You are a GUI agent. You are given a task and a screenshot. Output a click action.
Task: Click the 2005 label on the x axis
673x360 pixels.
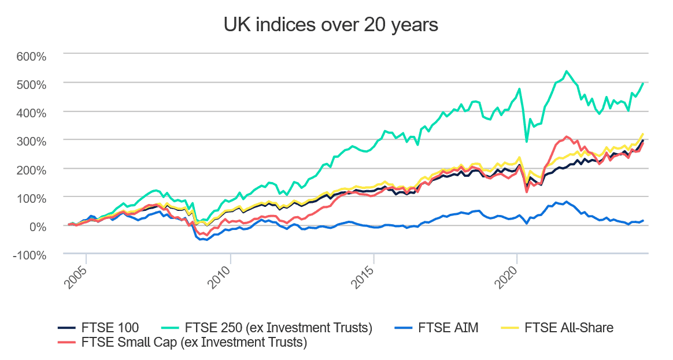(x=75, y=278)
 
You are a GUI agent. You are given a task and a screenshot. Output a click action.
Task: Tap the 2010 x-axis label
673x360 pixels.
(x=219, y=278)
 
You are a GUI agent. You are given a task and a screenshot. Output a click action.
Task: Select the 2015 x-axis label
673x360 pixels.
(x=363, y=278)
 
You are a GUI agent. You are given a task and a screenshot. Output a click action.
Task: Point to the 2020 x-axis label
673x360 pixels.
(x=505, y=278)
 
